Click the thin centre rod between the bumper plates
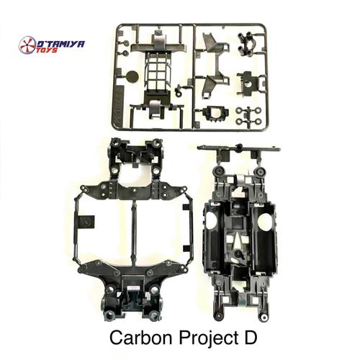132,230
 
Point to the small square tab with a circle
86,222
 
